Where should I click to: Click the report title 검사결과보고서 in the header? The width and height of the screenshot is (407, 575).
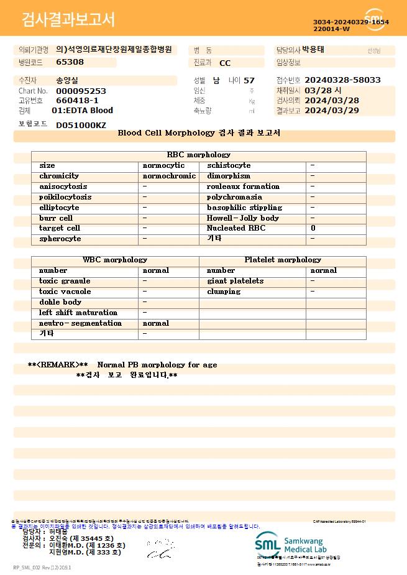[68, 20]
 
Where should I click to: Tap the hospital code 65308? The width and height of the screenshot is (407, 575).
[70, 62]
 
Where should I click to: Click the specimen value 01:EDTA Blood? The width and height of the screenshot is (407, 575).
[82, 111]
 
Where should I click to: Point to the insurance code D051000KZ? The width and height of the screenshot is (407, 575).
[81, 125]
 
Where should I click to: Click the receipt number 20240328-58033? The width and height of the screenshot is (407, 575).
[342, 80]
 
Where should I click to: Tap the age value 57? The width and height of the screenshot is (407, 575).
[249, 80]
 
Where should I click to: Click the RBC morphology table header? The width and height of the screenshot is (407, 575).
[198, 155]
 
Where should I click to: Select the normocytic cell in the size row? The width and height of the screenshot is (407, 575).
[163, 166]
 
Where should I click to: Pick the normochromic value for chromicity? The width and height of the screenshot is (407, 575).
[169, 177]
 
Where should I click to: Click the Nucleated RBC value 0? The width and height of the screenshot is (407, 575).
[313, 229]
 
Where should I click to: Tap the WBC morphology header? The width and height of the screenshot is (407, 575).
[115, 260]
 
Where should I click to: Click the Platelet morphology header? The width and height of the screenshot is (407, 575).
[283, 260]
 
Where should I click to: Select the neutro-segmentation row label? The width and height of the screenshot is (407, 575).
[80, 323]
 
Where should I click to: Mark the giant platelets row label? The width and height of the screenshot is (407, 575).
[235, 281]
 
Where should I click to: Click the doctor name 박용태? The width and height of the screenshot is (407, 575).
[313, 50]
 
